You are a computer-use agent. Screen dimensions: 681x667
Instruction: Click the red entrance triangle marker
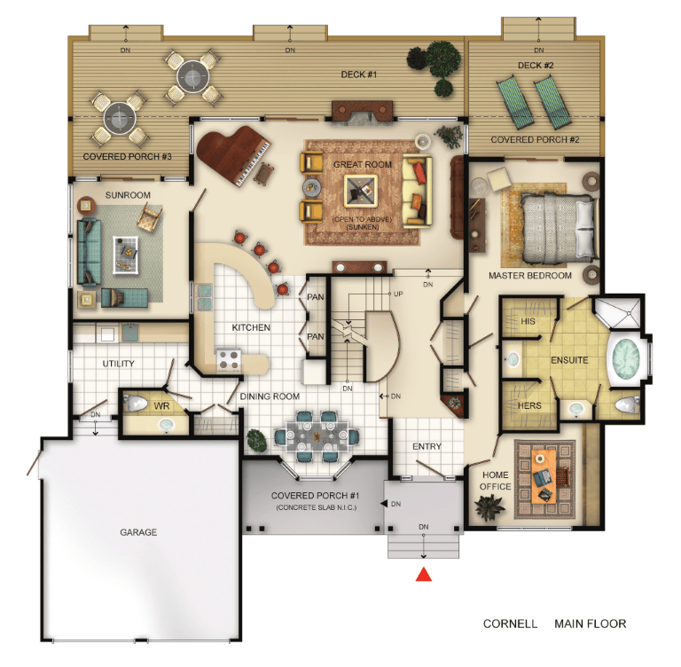pyautogui.click(x=424, y=574)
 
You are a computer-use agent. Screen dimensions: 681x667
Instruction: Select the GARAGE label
pyautogui.click(x=138, y=532)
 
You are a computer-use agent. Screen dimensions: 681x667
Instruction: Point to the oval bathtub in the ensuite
pyautogui.click(x=625, y=358)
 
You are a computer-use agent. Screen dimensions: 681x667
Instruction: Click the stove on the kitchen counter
pyautogui.click(x=229, y=360)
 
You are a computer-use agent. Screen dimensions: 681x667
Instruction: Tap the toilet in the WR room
pyautogui.click(x=136, y=404)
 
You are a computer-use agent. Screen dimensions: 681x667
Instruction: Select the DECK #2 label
pyautogui.click(x=536, y=65)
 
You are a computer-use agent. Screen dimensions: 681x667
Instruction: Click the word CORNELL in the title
pyautogui.click(x=510, y=624)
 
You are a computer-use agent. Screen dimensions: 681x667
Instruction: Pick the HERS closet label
pyautogui.click(x=529, y=405)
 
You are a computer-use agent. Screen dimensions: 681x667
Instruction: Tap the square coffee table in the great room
pyautogui.click(x=361, y=191)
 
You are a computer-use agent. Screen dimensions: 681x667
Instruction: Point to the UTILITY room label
pyautogui.click(x=118, y=364)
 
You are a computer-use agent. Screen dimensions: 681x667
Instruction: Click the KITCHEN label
pyautogui.click(x=251, y=327)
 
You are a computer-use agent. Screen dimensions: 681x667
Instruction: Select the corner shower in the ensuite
pyautogui.click(x=617, y=312)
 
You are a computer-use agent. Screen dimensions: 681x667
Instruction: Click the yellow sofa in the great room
pyautogui.click(x=417, y=192)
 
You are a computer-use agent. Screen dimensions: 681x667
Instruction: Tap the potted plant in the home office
pyautogui.click(x=489, y=507)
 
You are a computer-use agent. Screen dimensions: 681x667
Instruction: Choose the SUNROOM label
pyautogui.click(x=128, y=195)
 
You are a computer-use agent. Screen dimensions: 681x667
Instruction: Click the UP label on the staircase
pyautogui.click(x=398, y=294)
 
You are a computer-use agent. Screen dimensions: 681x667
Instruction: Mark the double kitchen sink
pyautogui.click(x=205, y=297)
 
